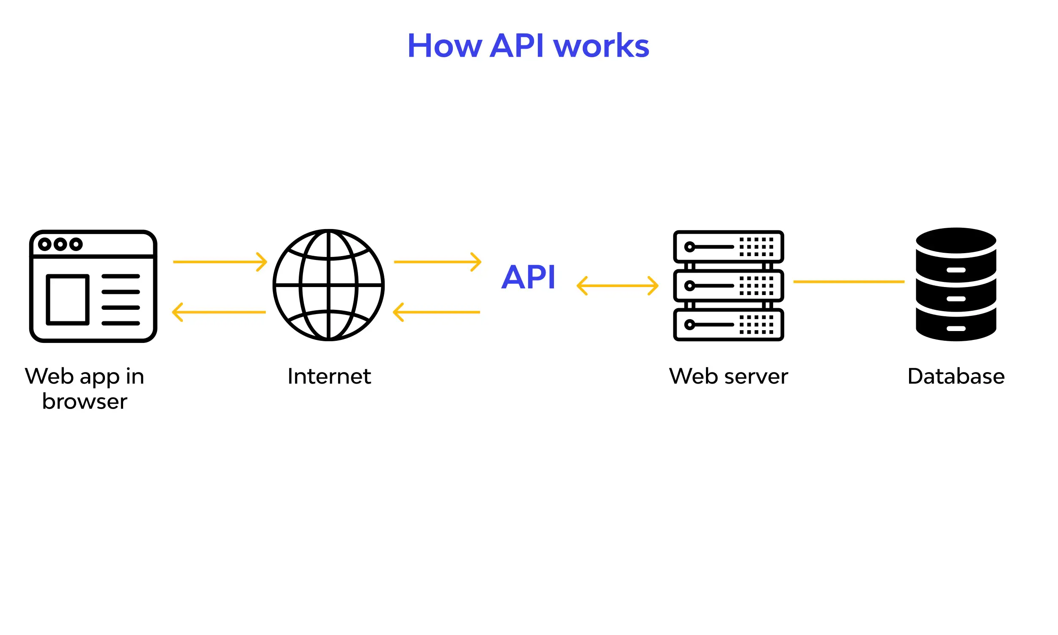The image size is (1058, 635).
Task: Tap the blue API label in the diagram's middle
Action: [x=528, y=277]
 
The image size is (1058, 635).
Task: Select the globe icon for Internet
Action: [x=328, y=285]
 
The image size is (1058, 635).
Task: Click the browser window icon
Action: [x=93, y=286]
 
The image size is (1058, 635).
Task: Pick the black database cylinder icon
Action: [x=956, y=284]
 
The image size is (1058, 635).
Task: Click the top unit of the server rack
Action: [x=728, y=247]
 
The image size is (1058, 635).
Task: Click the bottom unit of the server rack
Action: [x=728, y=325]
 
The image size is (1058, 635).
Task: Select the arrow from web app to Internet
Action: [x=220, y=262]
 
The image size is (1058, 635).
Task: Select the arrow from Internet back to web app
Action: [x=219, y=312]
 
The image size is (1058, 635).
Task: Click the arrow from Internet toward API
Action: [x=437, y=262]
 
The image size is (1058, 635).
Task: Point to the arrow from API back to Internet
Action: [x=436, y=312]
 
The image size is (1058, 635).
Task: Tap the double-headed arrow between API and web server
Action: [x=617, y=286]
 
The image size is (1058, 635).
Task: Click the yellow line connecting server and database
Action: [x=849, y=282]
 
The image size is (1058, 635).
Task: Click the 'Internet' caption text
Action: [x=329, y=376]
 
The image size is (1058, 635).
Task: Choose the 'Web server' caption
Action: [x=728, y=376]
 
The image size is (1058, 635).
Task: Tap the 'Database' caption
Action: [x=956, y=376]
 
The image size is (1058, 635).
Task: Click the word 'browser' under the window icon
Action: [x=85, y=402]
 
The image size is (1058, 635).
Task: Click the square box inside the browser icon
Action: [x=68, y=300]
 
